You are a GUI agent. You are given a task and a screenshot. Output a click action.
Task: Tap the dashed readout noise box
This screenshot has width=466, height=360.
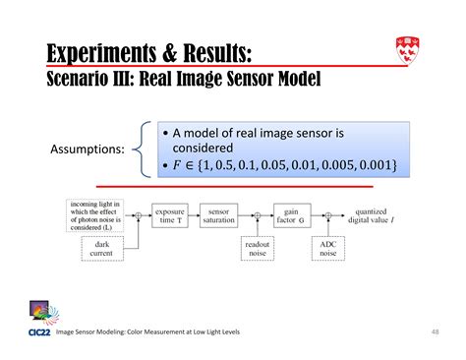pyautogui.click(x=257, y=250)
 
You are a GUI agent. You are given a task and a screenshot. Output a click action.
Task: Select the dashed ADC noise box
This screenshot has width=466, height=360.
pyautogui.click(x=328, y=250)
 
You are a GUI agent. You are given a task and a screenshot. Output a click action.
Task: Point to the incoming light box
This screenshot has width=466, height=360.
pyautogui.click(x=95, y=213)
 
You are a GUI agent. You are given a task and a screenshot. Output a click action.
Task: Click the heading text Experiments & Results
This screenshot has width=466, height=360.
pyautogui.click(x=152, y=51)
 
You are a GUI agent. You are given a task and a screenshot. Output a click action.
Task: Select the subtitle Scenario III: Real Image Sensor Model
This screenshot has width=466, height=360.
pyautogui.click(x=183, y=77)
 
